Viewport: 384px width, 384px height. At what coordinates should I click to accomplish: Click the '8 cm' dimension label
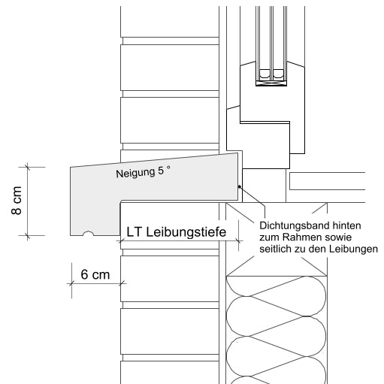(x=17, y=201)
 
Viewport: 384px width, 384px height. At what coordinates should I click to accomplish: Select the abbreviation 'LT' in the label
(x=135, y=233)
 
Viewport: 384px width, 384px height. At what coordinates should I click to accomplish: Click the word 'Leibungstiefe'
(x=188, y=233)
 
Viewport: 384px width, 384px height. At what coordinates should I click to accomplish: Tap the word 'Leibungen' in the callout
(x=352, y=249)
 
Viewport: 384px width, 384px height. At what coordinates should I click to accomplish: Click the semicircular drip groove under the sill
(x=89, y=234)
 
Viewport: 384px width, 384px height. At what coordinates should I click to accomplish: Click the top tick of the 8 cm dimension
(x=28, y=165)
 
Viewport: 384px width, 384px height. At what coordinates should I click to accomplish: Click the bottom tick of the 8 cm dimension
(x=28, y=236)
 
